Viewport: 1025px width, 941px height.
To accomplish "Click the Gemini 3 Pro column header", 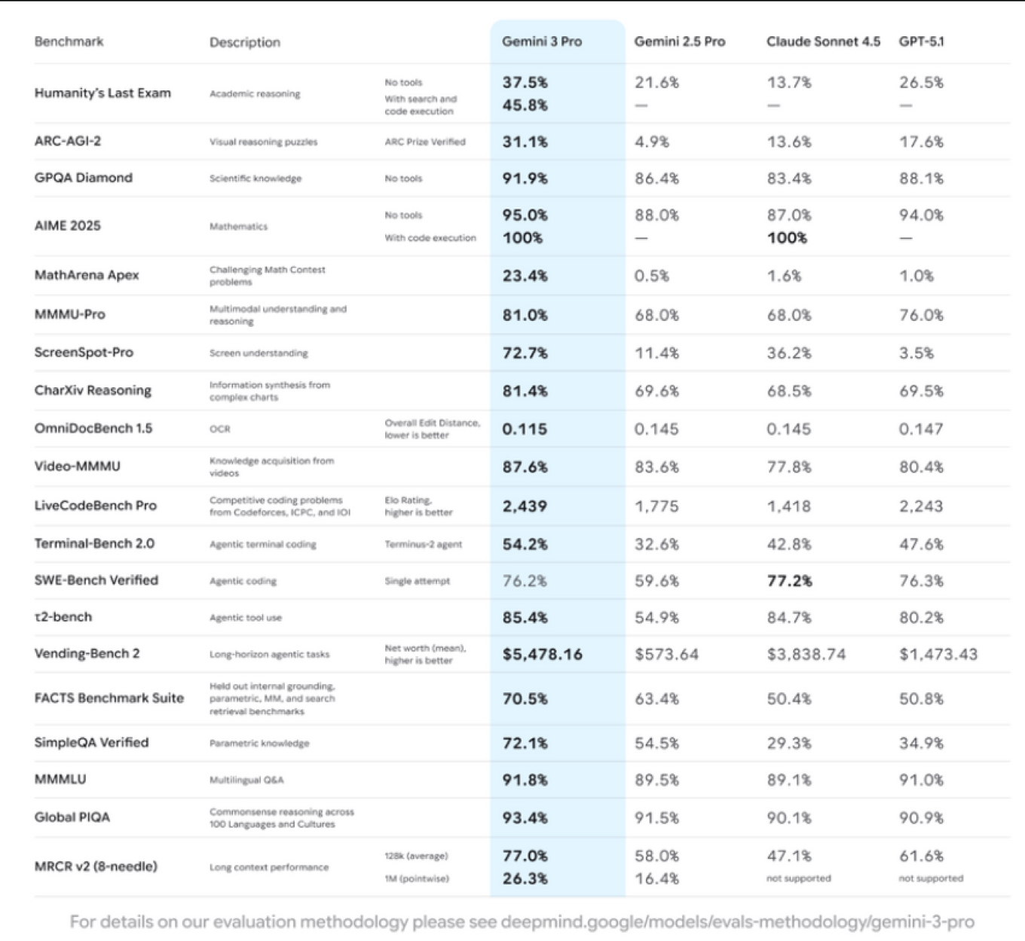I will click(542, 41).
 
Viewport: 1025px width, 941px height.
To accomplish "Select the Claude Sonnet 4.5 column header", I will click(823, 41).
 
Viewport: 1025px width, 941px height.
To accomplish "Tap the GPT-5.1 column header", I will click(921, 41).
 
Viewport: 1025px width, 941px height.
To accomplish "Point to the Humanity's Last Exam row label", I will click(102, 93).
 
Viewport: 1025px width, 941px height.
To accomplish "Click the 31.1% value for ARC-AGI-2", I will click(525, 142).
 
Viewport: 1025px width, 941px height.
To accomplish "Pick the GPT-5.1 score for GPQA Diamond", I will click(921, 179).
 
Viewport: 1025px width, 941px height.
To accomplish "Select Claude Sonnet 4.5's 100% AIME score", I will click(787, 238).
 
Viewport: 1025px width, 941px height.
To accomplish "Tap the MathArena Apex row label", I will click(87, 275).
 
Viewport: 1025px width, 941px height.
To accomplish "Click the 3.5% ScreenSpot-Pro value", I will click(916, 353).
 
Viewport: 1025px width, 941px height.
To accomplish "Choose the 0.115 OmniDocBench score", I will click(525, 429).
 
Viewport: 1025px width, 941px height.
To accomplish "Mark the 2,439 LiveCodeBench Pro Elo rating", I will click(525, 506).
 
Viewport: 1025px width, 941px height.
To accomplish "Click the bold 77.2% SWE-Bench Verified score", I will click(789, 581).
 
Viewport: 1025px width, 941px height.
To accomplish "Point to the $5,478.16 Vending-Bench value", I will click(542, 654).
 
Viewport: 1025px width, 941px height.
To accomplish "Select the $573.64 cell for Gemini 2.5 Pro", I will click(666, 654).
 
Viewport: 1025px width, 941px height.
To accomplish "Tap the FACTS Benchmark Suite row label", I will click(109, 698).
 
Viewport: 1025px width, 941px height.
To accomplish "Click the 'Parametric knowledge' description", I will click(259, 743).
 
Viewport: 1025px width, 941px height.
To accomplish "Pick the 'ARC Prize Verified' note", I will click(425, 142).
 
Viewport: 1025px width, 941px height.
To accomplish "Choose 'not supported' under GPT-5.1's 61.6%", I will click(931, 878).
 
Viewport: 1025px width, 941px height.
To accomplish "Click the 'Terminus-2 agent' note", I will click(424, 544).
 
